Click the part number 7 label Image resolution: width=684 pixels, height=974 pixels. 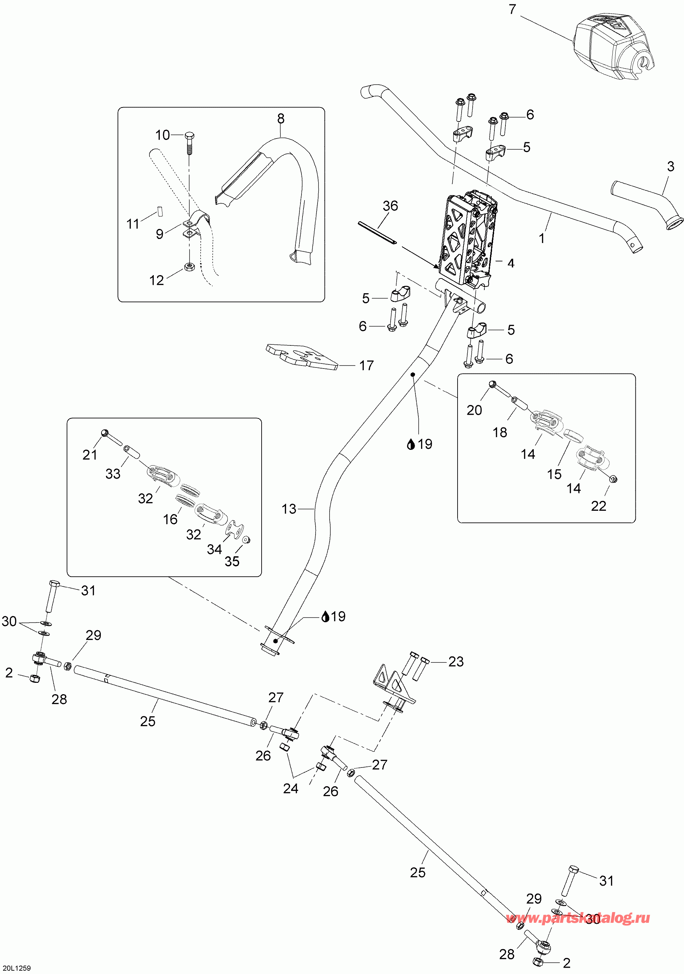tap(512, 9)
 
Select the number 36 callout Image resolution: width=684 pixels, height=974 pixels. tap(390, 206)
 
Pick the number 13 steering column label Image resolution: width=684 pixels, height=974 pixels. tap(289, 509)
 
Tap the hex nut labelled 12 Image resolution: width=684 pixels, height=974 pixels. tap(189, 267)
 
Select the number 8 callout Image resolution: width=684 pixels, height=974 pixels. tap(281, 119)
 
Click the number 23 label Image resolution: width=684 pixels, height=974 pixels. tap(456, 661)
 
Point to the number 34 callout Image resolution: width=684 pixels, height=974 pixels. tap(214, 549)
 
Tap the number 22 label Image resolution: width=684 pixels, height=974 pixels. tap(599, 506)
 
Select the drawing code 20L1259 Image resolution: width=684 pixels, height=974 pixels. tap(16, 968)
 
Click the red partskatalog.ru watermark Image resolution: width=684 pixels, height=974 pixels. tap(578, 918)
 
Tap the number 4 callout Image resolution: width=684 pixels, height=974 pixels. tap(511, 263)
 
